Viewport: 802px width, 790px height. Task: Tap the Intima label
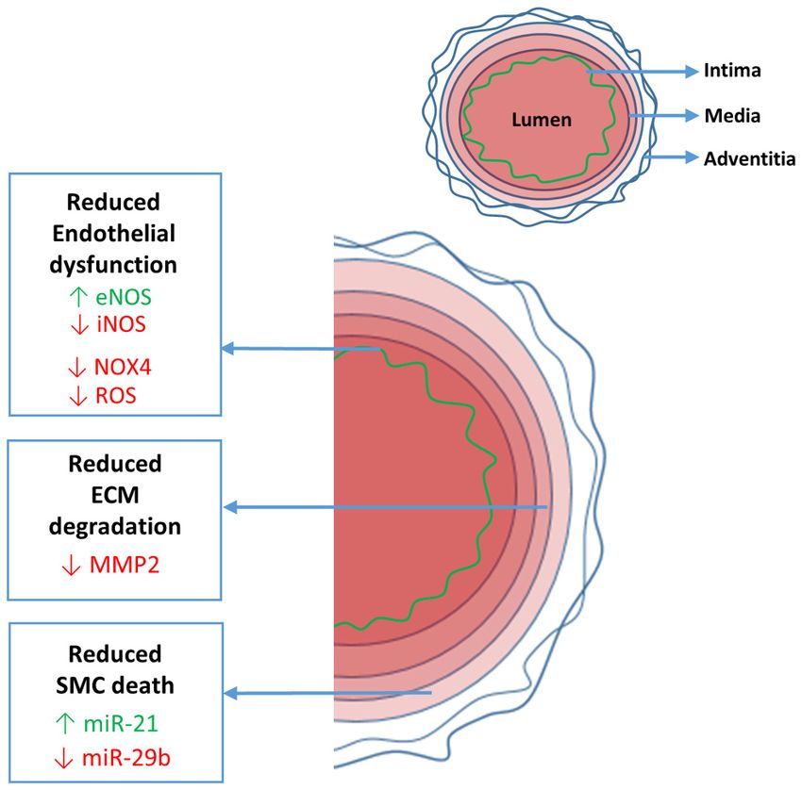tap(732, 70)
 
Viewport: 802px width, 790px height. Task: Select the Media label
tap(732, 116)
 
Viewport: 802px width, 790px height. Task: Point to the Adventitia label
tap(749, 157)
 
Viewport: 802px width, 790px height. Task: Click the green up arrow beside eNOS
tap(78, 298)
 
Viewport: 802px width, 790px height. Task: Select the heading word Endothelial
tap(114, 234)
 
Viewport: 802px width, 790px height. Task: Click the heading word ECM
tap(114, 495)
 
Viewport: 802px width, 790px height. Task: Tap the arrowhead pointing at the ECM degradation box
tap(229, 508)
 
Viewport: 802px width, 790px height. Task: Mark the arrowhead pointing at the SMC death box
tap(229, 694)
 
